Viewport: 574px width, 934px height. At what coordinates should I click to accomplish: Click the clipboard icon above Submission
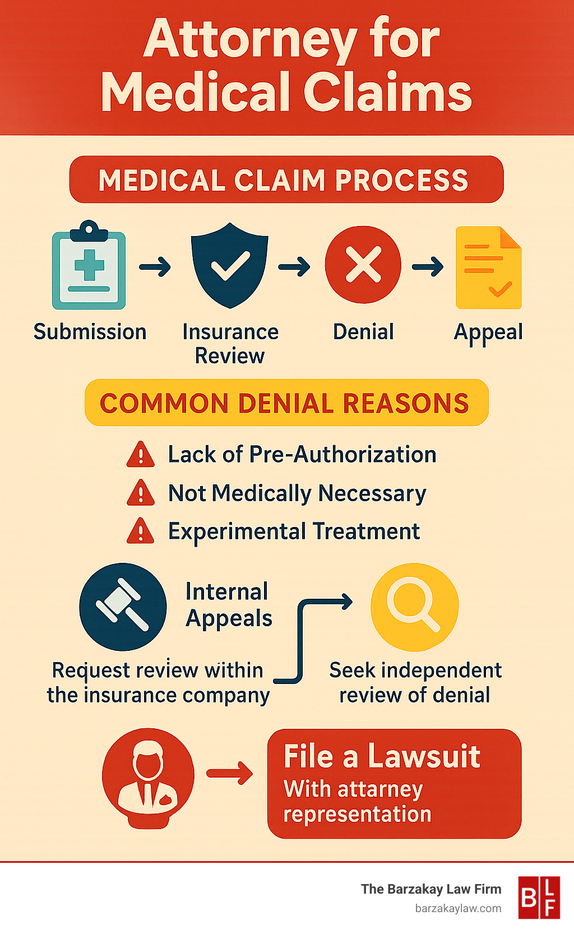click(89, 266)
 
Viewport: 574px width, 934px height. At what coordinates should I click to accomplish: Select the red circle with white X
click(363, 265)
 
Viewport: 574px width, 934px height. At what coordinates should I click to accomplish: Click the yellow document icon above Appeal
click(488, 268)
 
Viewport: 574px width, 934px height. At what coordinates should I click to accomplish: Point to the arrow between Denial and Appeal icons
click(428, 267)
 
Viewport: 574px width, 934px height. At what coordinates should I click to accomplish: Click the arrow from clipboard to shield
click(155, 267)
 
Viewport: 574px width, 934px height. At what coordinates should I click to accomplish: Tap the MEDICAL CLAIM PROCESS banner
click(286, 179)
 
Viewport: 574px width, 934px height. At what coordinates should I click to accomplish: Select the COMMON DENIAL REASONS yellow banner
click(286, 403)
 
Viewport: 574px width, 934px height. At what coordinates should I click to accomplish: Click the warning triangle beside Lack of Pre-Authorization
click(141, 455)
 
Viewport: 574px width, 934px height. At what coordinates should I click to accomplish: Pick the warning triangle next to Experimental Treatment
click(141, 531)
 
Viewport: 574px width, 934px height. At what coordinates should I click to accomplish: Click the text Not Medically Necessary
click(297, 493)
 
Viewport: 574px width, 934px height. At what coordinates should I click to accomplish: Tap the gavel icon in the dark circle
click(123, 607)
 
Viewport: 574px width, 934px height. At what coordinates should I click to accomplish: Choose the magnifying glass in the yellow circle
click(414, 607)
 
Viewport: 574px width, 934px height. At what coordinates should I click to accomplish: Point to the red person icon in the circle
click(148, 776)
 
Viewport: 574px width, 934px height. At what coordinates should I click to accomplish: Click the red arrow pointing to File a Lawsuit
click(230, 774)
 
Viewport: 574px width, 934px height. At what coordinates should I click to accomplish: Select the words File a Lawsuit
click(382, 756)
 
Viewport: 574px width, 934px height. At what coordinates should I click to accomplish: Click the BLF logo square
click(538, 898)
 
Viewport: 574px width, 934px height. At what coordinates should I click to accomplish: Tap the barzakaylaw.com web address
click(458, 908)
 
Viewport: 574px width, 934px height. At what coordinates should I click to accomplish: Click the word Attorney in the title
click(250, 39)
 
